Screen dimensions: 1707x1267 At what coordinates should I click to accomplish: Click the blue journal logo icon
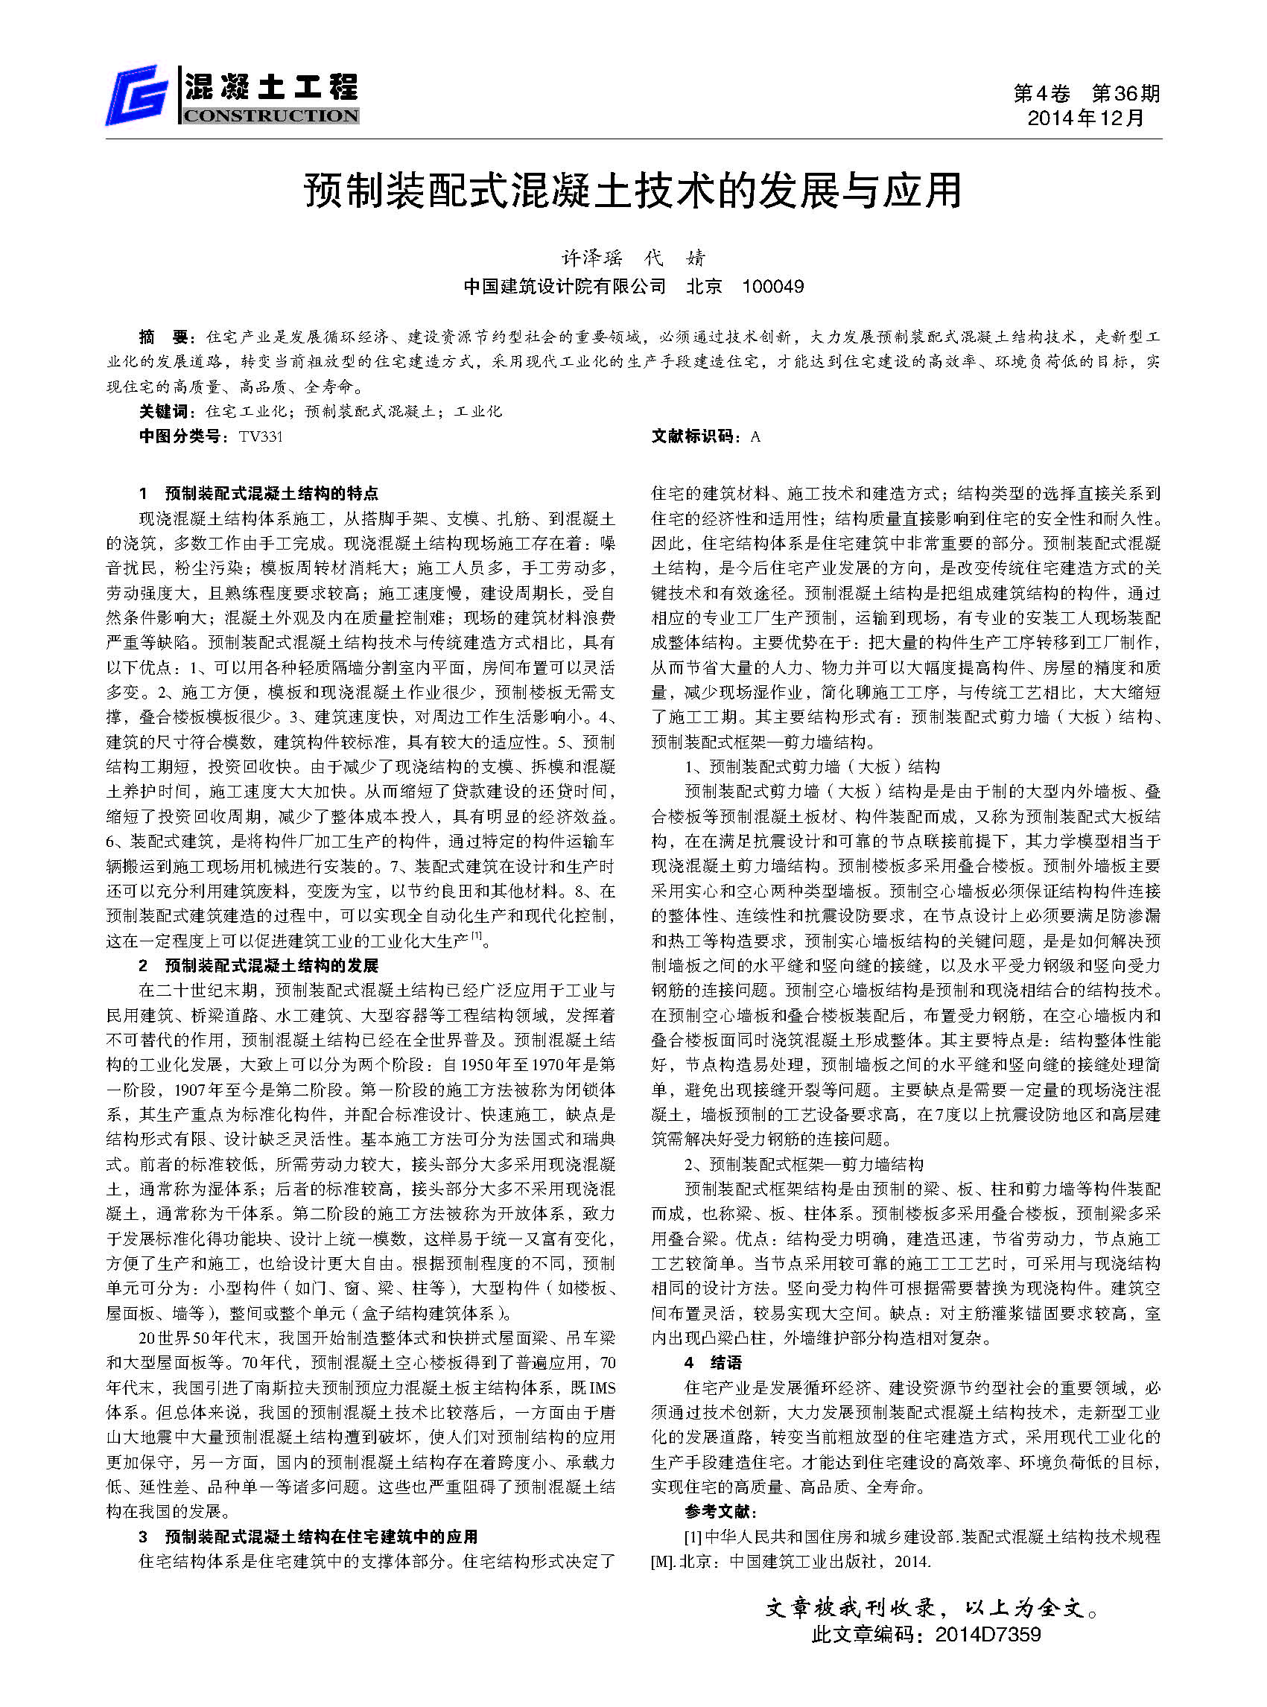tap(137, 96)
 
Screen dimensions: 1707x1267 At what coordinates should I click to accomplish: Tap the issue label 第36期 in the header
tap(1125, 94)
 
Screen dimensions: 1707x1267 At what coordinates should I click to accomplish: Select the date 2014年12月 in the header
tap(1085, 118)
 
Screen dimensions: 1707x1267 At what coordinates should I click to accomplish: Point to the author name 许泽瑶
tap(592, 258)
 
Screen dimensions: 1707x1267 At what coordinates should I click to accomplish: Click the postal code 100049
tap(773, 287)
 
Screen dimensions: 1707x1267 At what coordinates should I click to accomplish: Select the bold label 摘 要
tap(162, 337)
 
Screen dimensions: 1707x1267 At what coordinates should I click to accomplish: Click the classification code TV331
tap(260, 436)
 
